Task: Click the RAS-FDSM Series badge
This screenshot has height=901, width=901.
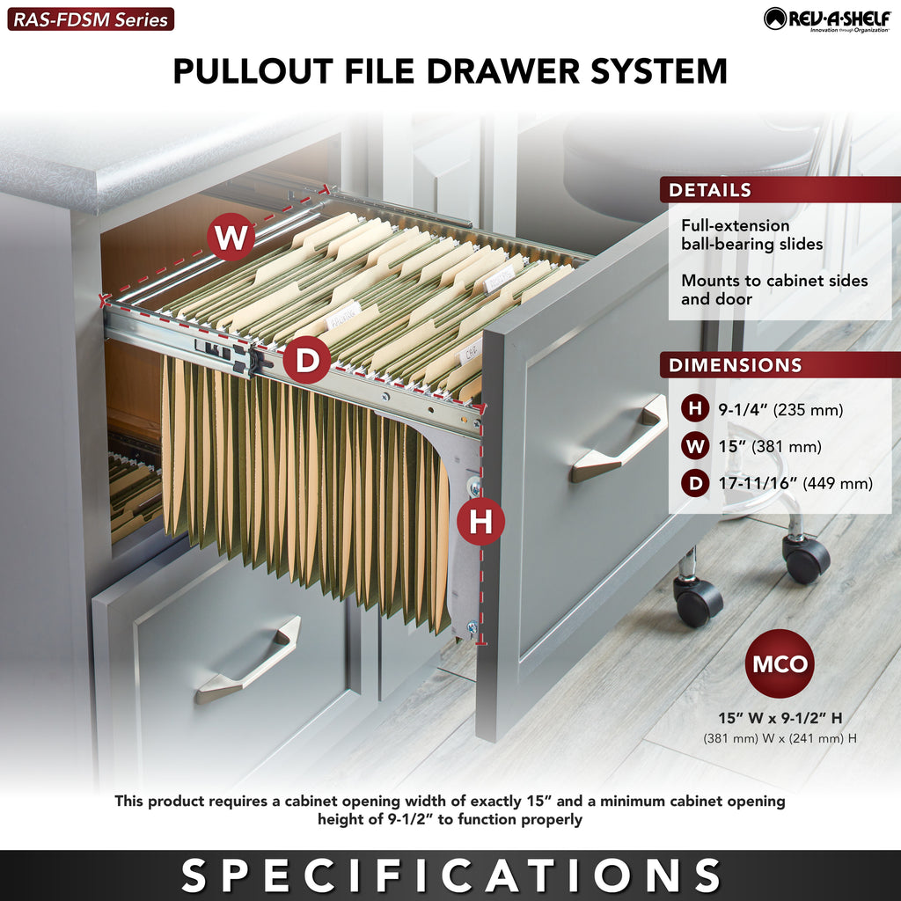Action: tap(91, 19)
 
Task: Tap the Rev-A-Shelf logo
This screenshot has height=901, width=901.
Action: tap(827, 19)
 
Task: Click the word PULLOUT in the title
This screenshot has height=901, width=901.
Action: tap(253, 71)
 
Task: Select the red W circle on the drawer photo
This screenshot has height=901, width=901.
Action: tap(231, 237)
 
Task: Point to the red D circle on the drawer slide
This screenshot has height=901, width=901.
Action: tap(307, 360)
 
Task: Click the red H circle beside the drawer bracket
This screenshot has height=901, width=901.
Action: tap(481, 521)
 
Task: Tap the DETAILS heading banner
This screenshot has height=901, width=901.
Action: tap(780, 190)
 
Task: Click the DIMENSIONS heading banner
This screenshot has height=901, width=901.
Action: tap(780, 365)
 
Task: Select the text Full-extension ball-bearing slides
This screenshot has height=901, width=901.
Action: tap(751, 234)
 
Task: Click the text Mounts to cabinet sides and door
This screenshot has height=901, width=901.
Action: tap(774, 289)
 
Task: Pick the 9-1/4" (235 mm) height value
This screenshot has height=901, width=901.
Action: tap(780, 410)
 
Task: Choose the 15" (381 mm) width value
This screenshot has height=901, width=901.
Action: tap(769, 446)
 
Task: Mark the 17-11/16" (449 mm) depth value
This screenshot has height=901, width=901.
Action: tap(795, 483)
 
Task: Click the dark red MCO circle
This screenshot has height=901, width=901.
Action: tap(780, 663)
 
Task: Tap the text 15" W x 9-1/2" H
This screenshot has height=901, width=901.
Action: tap(780, 718)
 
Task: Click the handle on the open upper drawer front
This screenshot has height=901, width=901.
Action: tap(619, 438)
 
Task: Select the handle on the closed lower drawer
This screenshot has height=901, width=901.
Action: tap(248, 660)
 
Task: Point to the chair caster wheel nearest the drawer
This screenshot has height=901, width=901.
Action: tap(698, 600)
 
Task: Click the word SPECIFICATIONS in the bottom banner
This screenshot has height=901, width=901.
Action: tap(450, 875)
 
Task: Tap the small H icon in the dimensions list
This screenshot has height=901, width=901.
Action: tap(695, 409)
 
